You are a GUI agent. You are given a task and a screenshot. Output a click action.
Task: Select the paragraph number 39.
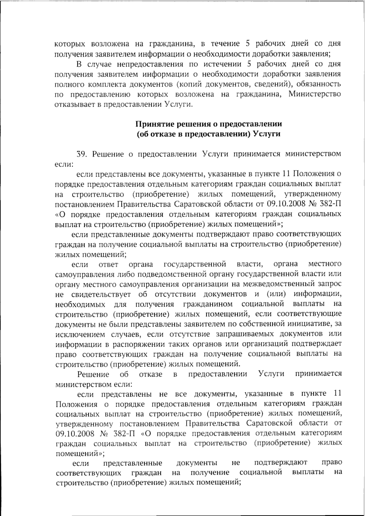coord(82,154)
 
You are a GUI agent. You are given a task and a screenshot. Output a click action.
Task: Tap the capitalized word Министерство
coord(315,94)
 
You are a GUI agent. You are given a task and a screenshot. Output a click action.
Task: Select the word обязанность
coord(319,84)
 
